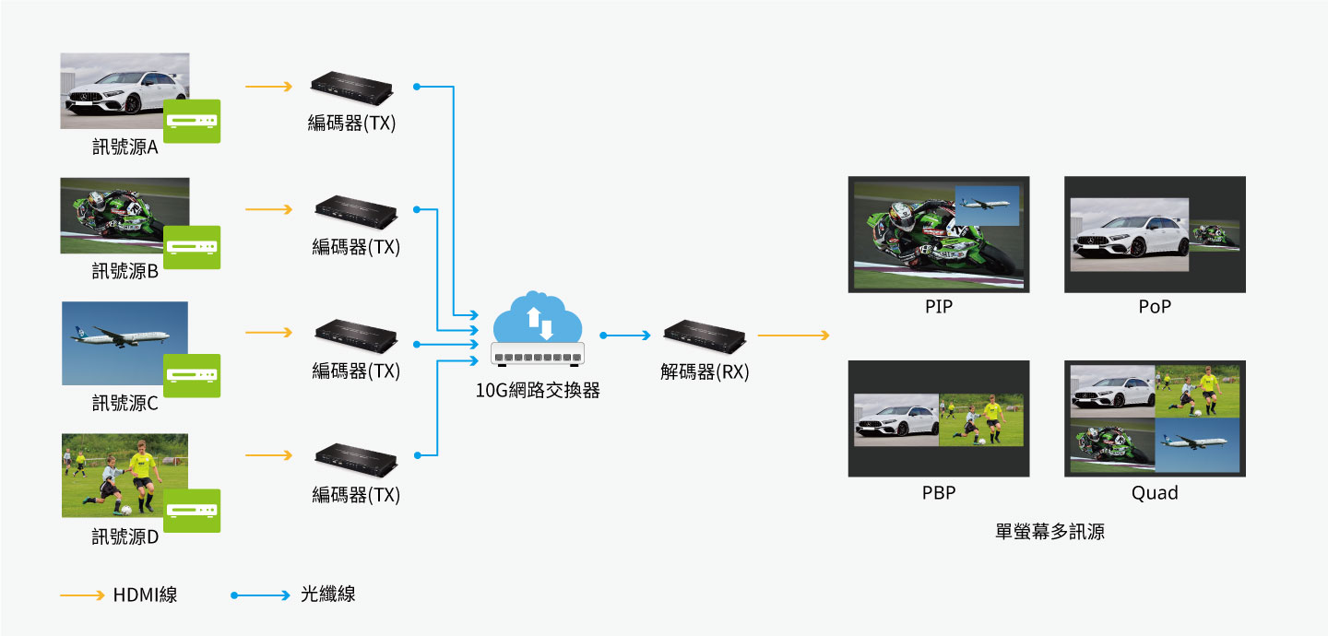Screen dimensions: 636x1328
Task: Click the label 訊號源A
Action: pyautogui.click(x=125, y=147)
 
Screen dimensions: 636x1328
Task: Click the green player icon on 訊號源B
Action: pyautogui.click(x=192, y=247)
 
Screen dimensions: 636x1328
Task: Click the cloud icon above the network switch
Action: pyautogui.click(x=538, y=319)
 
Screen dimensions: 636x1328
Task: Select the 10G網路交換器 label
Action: pyautogui.click(x=538, y=390)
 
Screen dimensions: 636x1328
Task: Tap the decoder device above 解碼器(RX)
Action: pyautogui.click(x=705, y=336)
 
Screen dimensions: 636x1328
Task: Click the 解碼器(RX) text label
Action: pyautogui.click(x=705, y=372)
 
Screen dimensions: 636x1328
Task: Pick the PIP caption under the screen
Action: pyautogui.click(x=939, y=307)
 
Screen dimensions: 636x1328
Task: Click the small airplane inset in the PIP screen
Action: pyautogui.click(x=988, y=205)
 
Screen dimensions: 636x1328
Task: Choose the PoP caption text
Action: pyautogui.click(x=1155, y=307)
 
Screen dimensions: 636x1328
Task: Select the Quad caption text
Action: pyautogui.click(x=1155, y=493)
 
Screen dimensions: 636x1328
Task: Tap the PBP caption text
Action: pyautogui.click(x=939, y=493)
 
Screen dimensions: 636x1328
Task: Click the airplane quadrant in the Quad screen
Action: pyautogui.click(x=1197, y=445)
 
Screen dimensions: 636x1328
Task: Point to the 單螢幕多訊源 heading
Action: pyautogui.click(x=1050, y=532)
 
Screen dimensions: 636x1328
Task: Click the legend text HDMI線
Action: pyautogui.click(x=145, y=595)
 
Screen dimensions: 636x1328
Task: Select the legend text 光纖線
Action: pyautogui.click(x=328, y=595)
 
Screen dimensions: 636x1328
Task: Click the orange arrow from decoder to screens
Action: pyautogui.click(x=793, y=336)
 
